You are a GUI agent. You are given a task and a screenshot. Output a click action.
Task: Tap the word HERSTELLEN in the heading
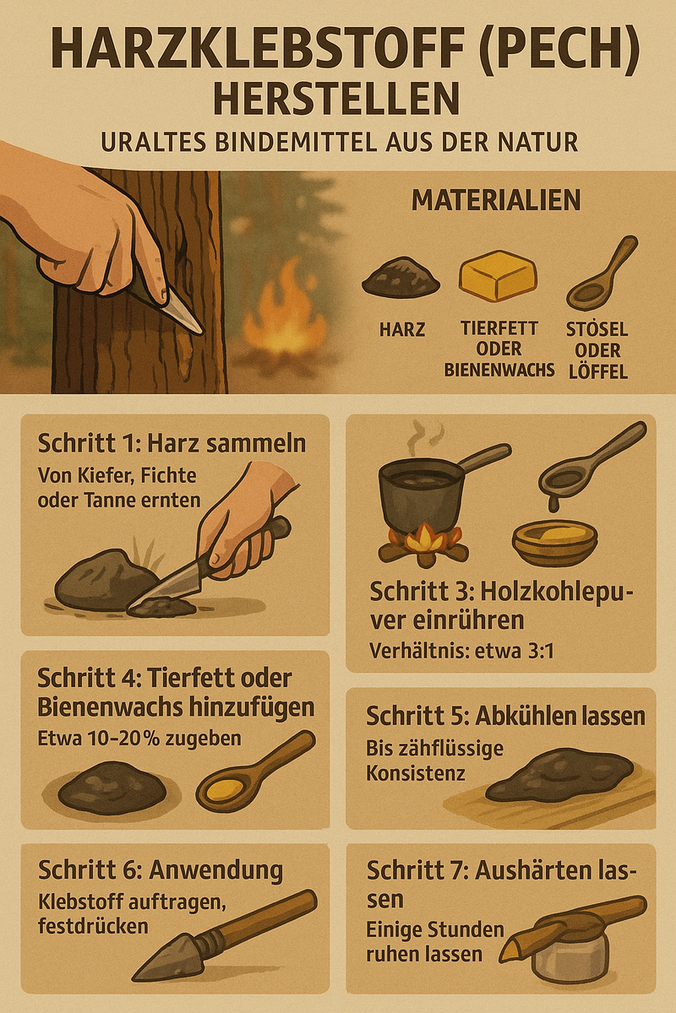pos(337,98)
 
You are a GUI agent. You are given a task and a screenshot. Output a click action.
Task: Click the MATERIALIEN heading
pos(496,200)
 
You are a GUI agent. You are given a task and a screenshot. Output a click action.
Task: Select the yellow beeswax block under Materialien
pos(498,276)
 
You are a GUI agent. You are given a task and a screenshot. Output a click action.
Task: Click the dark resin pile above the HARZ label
pos(401,277)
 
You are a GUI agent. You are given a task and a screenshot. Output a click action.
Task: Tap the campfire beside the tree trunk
pos(285,317)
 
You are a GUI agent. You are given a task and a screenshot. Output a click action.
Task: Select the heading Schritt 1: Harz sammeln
pos(172,444)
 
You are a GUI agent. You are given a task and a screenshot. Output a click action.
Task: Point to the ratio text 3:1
pos(538,652)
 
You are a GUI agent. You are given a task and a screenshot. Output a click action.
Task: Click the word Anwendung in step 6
pos(215,869)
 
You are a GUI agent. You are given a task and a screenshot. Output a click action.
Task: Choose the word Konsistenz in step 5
pos(415,773)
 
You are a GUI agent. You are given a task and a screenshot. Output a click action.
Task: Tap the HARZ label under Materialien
pos(402,330)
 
